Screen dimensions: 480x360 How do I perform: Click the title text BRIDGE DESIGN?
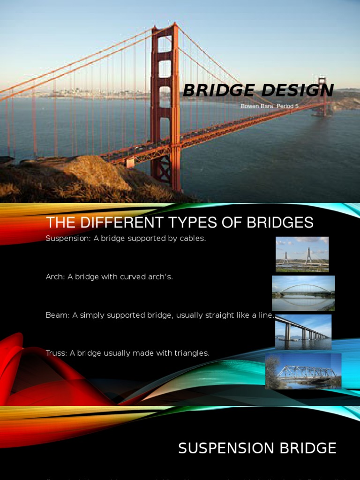click(x=258, y=90)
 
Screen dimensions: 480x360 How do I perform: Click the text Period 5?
click(x=288, y=106)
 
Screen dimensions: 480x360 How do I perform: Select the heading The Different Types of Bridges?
click(x=180, y=223)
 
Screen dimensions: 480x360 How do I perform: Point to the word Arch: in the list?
click(x=55, y=277)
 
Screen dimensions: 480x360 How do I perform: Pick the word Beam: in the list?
click(x=58, y=315)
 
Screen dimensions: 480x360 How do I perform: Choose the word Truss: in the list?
click(x=57, y=353)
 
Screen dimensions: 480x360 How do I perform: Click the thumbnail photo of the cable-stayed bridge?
click(x=302, y=254)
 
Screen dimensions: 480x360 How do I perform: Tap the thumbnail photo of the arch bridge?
click(x=303, y=293)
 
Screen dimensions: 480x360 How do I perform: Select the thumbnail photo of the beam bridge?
click(x=303, y=331)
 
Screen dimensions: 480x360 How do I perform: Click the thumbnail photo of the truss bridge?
click(x=303, y=371)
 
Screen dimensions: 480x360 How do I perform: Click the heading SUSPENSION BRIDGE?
click(x=257, y=449)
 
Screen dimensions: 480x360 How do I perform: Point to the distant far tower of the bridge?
click(x=322, y=96)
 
